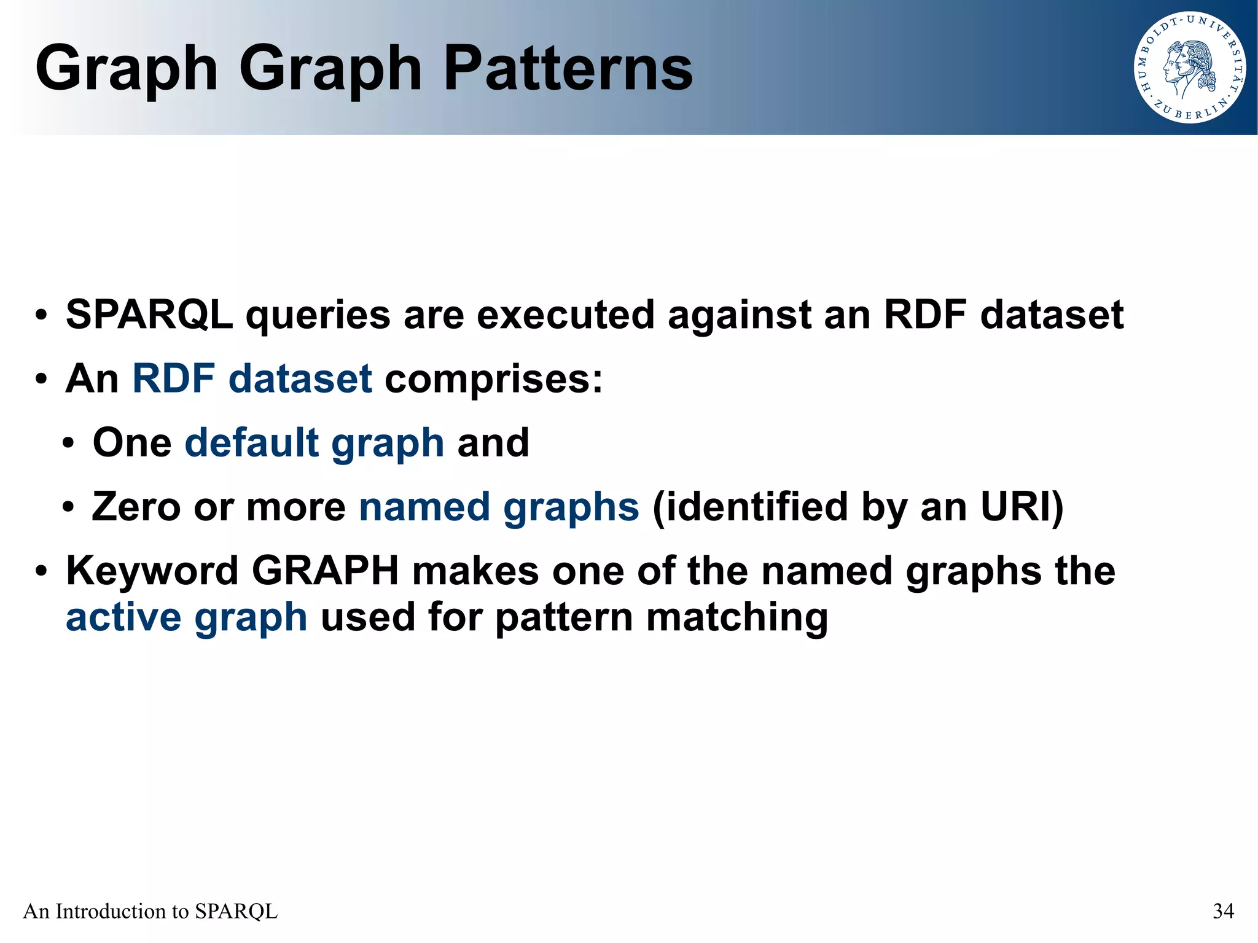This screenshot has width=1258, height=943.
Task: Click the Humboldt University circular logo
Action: point(1189,68)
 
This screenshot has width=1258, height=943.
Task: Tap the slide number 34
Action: point(1223,910)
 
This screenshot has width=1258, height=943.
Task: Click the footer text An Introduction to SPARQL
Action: point(150,910)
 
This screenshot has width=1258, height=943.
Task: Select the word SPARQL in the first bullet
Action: point(149,315)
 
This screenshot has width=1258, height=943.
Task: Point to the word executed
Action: point(565,315)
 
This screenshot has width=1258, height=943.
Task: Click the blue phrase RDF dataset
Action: point(252,378)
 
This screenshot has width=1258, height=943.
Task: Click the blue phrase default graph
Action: point(314,443)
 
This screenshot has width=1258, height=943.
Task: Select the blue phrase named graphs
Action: point(499,507)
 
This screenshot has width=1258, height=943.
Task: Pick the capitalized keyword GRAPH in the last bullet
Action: point(325,571)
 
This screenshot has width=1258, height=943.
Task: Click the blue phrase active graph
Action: point(186,617)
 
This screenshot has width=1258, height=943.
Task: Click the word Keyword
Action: point(152,571)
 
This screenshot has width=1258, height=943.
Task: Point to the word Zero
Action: point(136,507)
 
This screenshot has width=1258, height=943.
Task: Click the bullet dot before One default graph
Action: point(68,444)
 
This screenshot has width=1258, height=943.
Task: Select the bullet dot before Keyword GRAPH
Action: point(41,571)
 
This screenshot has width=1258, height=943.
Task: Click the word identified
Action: point(749,507)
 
